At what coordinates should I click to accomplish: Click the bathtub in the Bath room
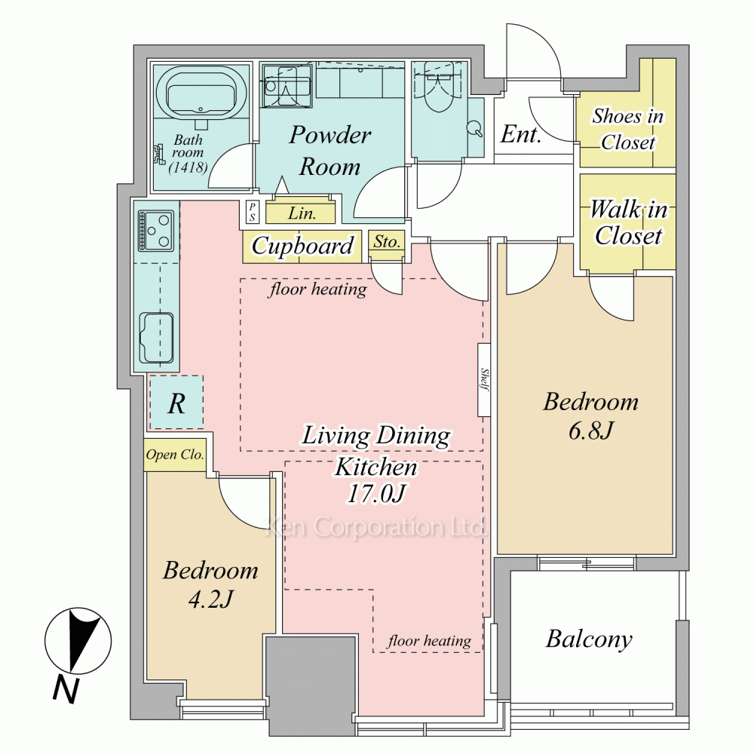[201, 95]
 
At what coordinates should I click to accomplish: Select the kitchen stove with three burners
[156, 230]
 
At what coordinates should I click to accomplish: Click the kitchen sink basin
[156, 338]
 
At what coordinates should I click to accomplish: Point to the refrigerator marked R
[176, 403]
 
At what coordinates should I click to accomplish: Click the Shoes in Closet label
[627, 129]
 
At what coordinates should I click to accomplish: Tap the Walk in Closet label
[629, 222]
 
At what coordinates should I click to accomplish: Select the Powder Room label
[330, 151]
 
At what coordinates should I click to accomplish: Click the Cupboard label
[302, 247]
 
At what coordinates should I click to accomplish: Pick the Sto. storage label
[387, 241]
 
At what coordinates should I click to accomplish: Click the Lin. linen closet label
[302, 213]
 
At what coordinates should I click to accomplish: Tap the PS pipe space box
[252, 212]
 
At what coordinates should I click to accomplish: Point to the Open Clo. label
[175, 455]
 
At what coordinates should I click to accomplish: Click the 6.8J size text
[590, 431]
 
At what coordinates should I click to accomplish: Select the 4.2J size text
[210, 599]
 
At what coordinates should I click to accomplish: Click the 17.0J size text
[376, 493]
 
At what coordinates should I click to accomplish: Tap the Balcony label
[589, 639]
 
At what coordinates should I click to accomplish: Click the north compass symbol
[78, 641]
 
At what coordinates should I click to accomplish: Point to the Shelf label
[484, 380]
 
